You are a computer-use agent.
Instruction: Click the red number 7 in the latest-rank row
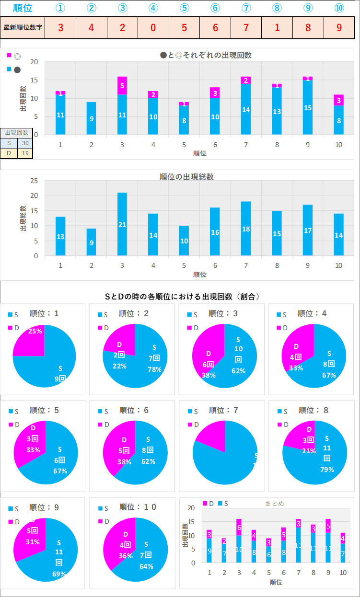(x=246, y=27)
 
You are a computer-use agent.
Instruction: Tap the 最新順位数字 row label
(x=23, y=27)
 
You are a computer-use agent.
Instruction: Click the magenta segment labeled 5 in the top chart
(x=122, y=86)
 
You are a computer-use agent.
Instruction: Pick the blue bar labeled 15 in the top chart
(x=308, y=108)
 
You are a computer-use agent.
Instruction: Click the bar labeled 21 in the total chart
(x=122, y=224)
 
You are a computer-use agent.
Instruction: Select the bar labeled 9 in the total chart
(x=92, y=242)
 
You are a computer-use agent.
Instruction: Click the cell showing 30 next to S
(x=25, y=143)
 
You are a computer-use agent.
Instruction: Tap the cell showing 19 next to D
(x=25, y=153)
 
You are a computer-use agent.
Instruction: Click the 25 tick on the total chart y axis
(x=35, y=181)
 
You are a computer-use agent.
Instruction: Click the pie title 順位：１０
(x=138, y=507)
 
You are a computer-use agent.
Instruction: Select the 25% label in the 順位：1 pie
(x=35, y=331)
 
